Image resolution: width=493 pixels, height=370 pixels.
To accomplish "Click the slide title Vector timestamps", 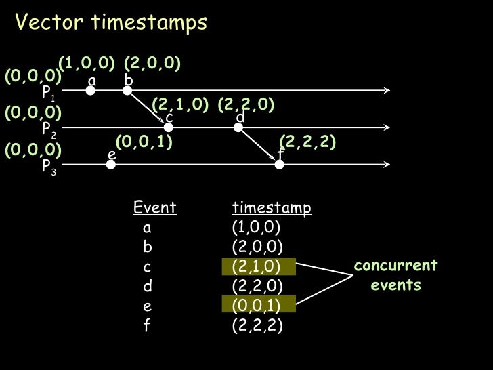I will tap(111, 24).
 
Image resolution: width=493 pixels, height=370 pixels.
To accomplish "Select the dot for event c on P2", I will tap(169, 126).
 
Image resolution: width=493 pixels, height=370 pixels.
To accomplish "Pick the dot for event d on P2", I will tap(239, 126).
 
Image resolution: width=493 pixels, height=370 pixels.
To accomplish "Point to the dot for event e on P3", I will tap(111, 163).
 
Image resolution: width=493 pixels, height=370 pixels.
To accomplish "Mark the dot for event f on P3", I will tap(279, 163).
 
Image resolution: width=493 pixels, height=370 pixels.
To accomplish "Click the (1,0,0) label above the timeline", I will tap(87, 64).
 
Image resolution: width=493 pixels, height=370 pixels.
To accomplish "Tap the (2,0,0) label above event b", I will tap(152, 64).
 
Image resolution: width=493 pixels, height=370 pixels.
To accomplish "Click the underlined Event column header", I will tap(155, 207).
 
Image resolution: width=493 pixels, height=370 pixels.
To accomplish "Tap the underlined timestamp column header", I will tap(272, 207).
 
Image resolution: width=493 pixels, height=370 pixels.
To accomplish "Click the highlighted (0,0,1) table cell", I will tap(259, 305).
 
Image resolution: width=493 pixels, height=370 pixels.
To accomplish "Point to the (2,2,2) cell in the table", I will tap(257, 325).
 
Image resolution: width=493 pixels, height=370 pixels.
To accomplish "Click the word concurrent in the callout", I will tap(396, 265).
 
